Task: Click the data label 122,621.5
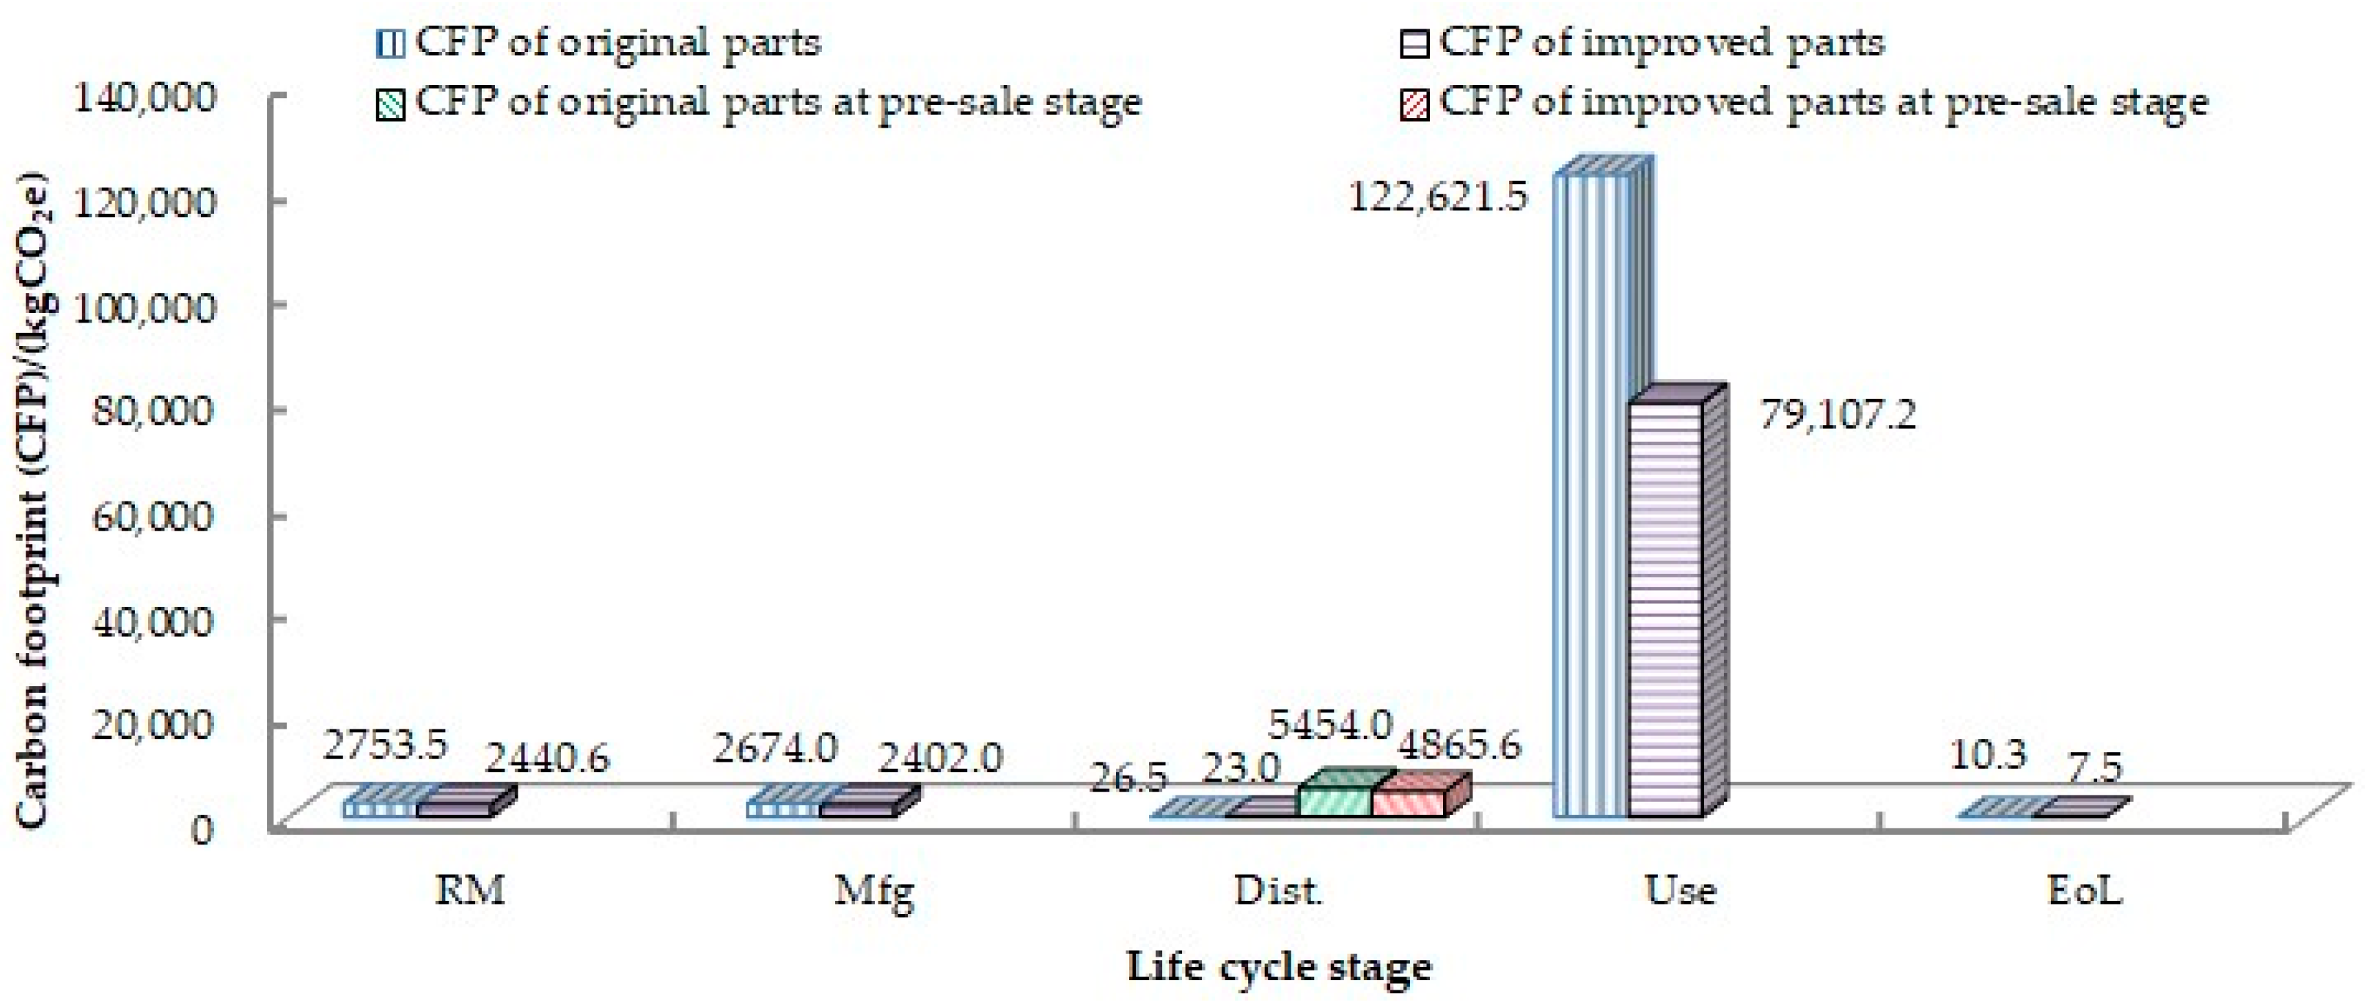(x=1438, y=196)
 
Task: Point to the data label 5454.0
(x=1329, y=726)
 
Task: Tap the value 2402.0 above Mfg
(x=940, y=759)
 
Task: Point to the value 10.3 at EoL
(x=1986, y=755)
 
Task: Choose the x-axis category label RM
(x=469, y=890)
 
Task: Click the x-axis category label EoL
(x=2085, y=890)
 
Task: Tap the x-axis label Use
(x=1681, y=890)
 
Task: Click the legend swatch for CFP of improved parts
(x=1416, y=44)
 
